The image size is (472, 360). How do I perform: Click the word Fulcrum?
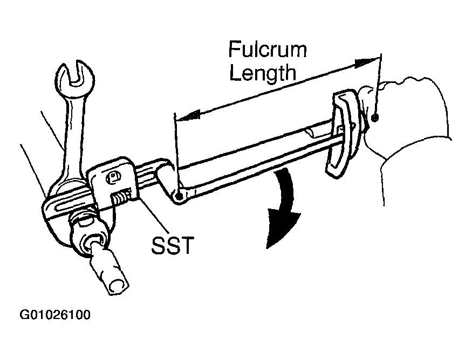click(x=268, y=50)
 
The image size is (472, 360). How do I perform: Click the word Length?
click(x=263, y=73)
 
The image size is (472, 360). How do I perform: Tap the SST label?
click(x=172, y=246)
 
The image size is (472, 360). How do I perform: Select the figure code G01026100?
click(x=55, y=315)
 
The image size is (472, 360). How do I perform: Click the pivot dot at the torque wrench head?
click(x=180, y=197)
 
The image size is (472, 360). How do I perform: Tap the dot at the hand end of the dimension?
click(x=375, y=118)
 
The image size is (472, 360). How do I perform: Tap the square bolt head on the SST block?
click(x=113, y=177)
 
